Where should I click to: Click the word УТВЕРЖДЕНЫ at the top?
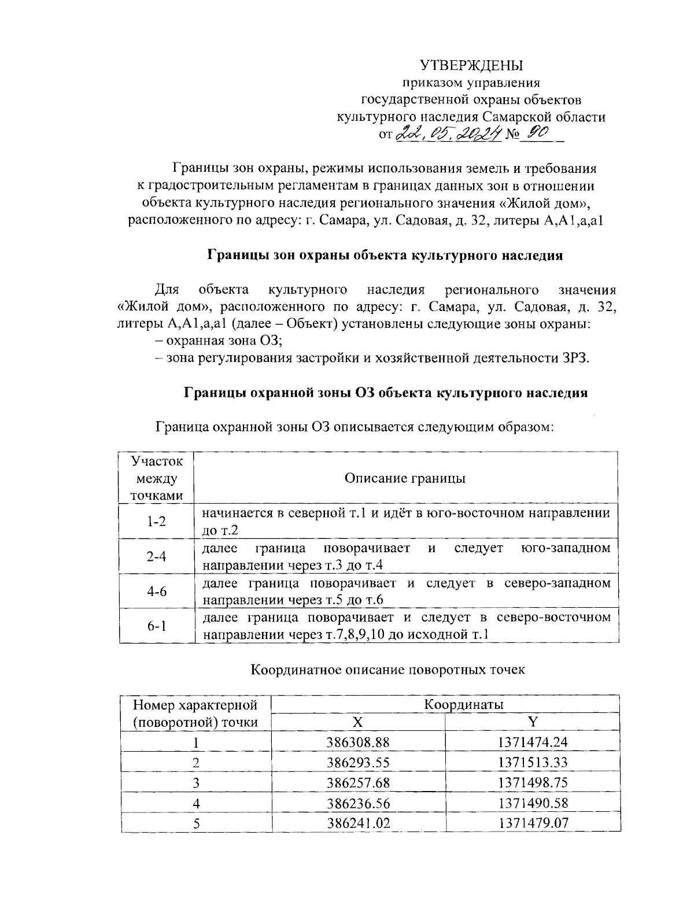click(471, 64)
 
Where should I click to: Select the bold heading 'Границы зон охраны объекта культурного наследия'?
click(385, 255)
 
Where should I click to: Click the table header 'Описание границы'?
click(405, 478)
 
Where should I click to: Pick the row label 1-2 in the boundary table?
click(156, 522)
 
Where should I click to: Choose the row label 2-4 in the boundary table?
click(156, 556)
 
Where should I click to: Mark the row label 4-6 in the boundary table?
click(156, 591)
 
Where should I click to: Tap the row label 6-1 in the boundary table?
click(156, 626)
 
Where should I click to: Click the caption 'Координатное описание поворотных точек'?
click(387, 670)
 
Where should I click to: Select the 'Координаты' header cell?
click(464, 704)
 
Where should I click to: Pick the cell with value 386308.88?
click(358, 742)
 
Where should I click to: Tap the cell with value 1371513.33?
click(533, 762)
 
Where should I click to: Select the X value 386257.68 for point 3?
click(358, 782)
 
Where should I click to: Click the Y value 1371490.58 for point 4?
click(533, 803)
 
